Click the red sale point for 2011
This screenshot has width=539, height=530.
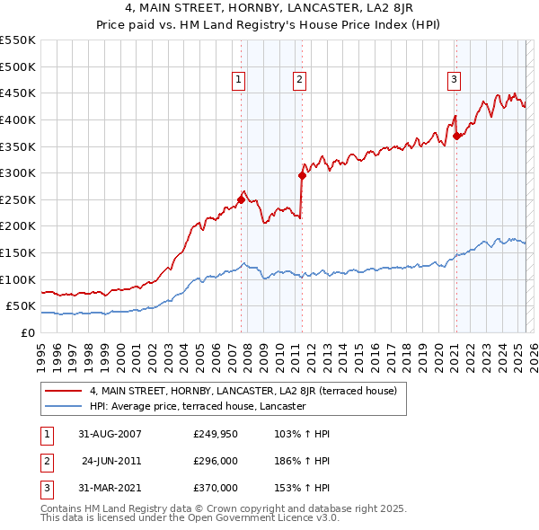click(x=302, y=176)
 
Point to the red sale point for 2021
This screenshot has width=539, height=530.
click(x=457, y=137)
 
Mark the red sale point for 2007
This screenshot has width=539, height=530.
click(x=241, y=200)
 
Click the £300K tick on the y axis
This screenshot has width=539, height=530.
click(x=18, y=173)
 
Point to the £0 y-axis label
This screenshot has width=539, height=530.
click(x=28, y=333)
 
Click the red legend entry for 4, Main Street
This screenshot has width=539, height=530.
click(x=249, y=391)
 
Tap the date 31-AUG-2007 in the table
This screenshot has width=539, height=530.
click(x=110, y=434)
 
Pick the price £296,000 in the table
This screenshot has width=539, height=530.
click(x=216, y=461)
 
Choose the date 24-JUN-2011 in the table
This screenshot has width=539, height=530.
click(x=110, y=461)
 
